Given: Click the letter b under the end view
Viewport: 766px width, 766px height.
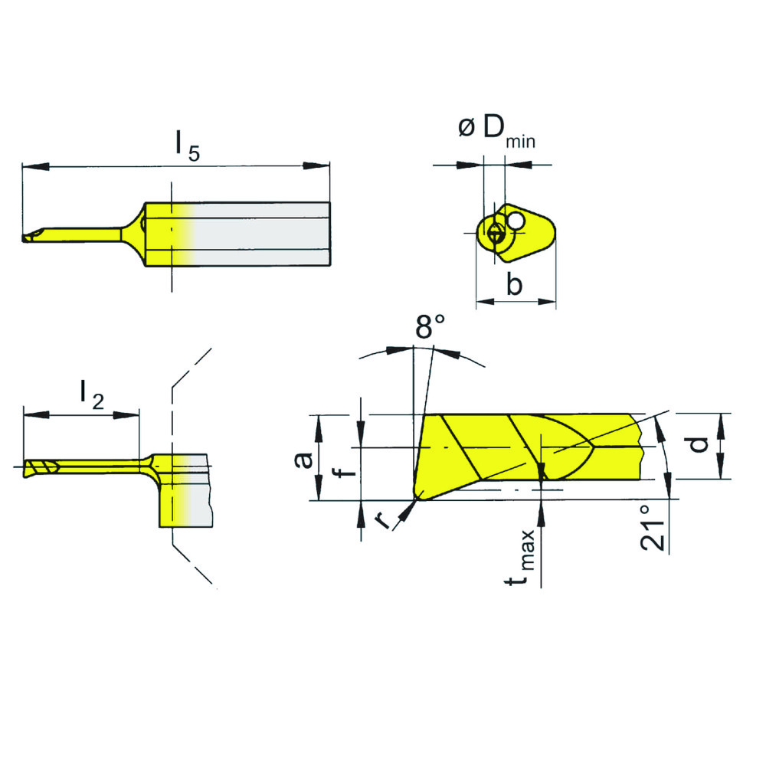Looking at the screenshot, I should click(515, 286).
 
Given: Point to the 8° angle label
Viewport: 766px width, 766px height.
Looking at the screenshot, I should click(430, 326).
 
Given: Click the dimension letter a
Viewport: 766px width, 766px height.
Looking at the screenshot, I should click(305, 459).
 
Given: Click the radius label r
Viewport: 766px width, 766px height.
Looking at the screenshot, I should click(381, 521).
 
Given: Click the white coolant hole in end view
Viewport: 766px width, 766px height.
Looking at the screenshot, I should click(517, 221).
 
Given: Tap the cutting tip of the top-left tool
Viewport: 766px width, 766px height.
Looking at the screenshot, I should click(26, 238).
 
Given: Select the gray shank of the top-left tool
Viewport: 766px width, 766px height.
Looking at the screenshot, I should click(260, 234).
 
